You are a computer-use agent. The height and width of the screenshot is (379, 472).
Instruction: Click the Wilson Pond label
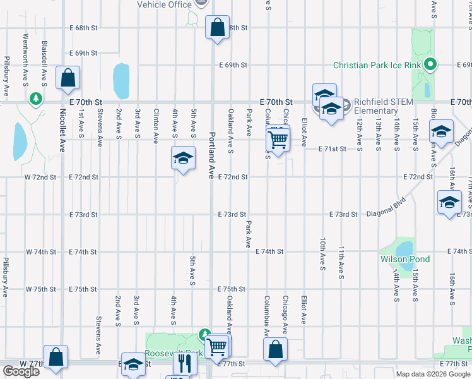click(x=404, y=260)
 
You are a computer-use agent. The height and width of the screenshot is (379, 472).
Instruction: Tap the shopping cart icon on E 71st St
click(x=278, y=139)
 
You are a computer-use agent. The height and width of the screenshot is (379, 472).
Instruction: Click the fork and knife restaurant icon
click(x=185, y=363)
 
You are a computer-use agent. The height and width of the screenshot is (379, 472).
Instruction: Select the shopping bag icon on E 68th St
click(x=217, y=28)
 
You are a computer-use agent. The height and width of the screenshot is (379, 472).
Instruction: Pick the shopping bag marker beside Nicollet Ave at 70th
click(x=67, y=78)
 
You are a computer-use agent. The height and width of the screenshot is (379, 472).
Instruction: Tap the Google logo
click(x=21, y=371)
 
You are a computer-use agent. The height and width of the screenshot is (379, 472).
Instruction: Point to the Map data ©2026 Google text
click(x=433, y=374)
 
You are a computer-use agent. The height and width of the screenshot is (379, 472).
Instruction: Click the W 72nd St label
click(x=40, y=177)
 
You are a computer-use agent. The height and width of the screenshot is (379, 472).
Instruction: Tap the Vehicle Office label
click(x=164, y=5)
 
